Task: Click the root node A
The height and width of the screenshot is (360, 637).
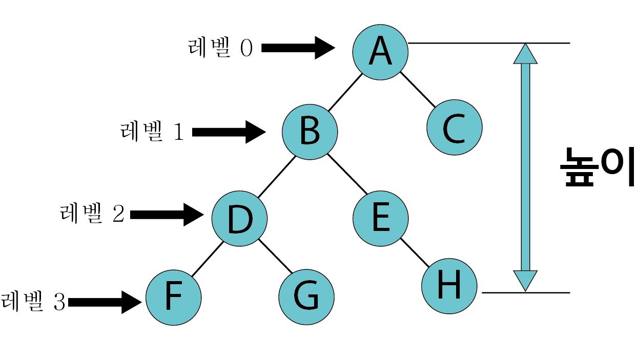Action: (380, 51)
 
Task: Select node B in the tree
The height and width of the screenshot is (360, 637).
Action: (310, 132)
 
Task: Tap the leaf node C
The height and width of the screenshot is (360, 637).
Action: (454, 128)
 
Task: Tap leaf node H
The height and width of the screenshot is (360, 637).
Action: (449, 286)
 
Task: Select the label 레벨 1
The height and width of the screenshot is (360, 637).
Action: (152, 132)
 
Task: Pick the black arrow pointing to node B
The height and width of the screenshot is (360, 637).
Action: (229, 132)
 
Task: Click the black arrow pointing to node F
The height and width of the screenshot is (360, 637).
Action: (105, 302)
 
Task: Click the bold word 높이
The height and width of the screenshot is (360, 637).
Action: (597, 168)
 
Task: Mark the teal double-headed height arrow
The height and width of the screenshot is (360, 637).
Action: (525, 167)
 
